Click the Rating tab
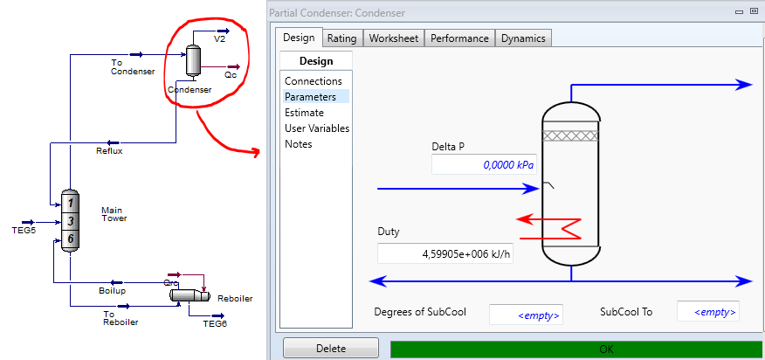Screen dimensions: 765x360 click(x=341, y=38)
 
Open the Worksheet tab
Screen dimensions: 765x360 click(x=394, y=38)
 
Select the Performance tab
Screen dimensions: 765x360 click(x=459, y=38)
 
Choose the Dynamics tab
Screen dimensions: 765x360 click(x=523, y=38)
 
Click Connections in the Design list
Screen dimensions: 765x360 click(x=314, y=81)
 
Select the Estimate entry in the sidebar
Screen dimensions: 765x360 click(x=304, y=113)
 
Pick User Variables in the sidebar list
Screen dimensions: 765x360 click(x=317, y=128)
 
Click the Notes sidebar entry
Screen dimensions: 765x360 click(x=298, y=144)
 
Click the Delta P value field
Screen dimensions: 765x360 click(x=484, y=165)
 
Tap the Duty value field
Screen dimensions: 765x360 click(x=445, y=254)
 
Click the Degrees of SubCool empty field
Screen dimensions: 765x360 click(x=526, y=314)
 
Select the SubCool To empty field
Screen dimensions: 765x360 click(x=708, y=312)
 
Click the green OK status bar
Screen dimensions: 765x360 click(x=575, y=349)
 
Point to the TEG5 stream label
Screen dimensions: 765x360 click(x=24, y=230)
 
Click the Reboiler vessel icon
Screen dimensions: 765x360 click(x=190, y=295)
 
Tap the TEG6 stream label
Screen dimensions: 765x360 click(x=215, y=323)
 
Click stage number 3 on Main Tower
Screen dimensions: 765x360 click(x=71, y=221)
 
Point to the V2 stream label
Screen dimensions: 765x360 click(x=219, y=39)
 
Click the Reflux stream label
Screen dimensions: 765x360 click(x=109, y=151)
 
